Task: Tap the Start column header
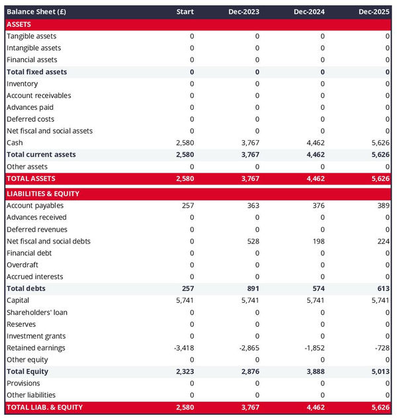coord(185,12)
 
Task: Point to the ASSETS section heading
coord(19,24)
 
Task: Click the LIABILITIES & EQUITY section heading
coord(43,194)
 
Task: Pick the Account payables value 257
coord(187,206)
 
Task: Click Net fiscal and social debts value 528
coord(252,241)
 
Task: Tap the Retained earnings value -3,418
coord(183,348)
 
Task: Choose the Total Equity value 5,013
coord(380,372)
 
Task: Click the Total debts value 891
coord(252,289)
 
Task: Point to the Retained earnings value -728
coord(381,348)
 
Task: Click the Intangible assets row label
coord(34,48)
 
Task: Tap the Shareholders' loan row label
coord(37,312)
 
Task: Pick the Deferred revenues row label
coord(36,230)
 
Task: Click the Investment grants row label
coord(36,336)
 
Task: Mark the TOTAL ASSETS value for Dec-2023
coord(249,179)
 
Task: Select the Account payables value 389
coord(382,206)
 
